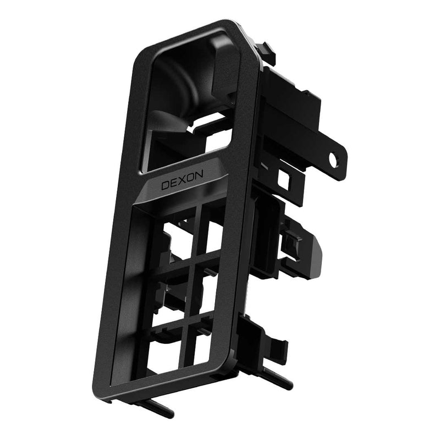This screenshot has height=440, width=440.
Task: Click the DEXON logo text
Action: point(182,180)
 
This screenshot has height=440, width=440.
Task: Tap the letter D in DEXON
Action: point(166,185)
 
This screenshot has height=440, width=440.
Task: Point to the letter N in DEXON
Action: point(199,175)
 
